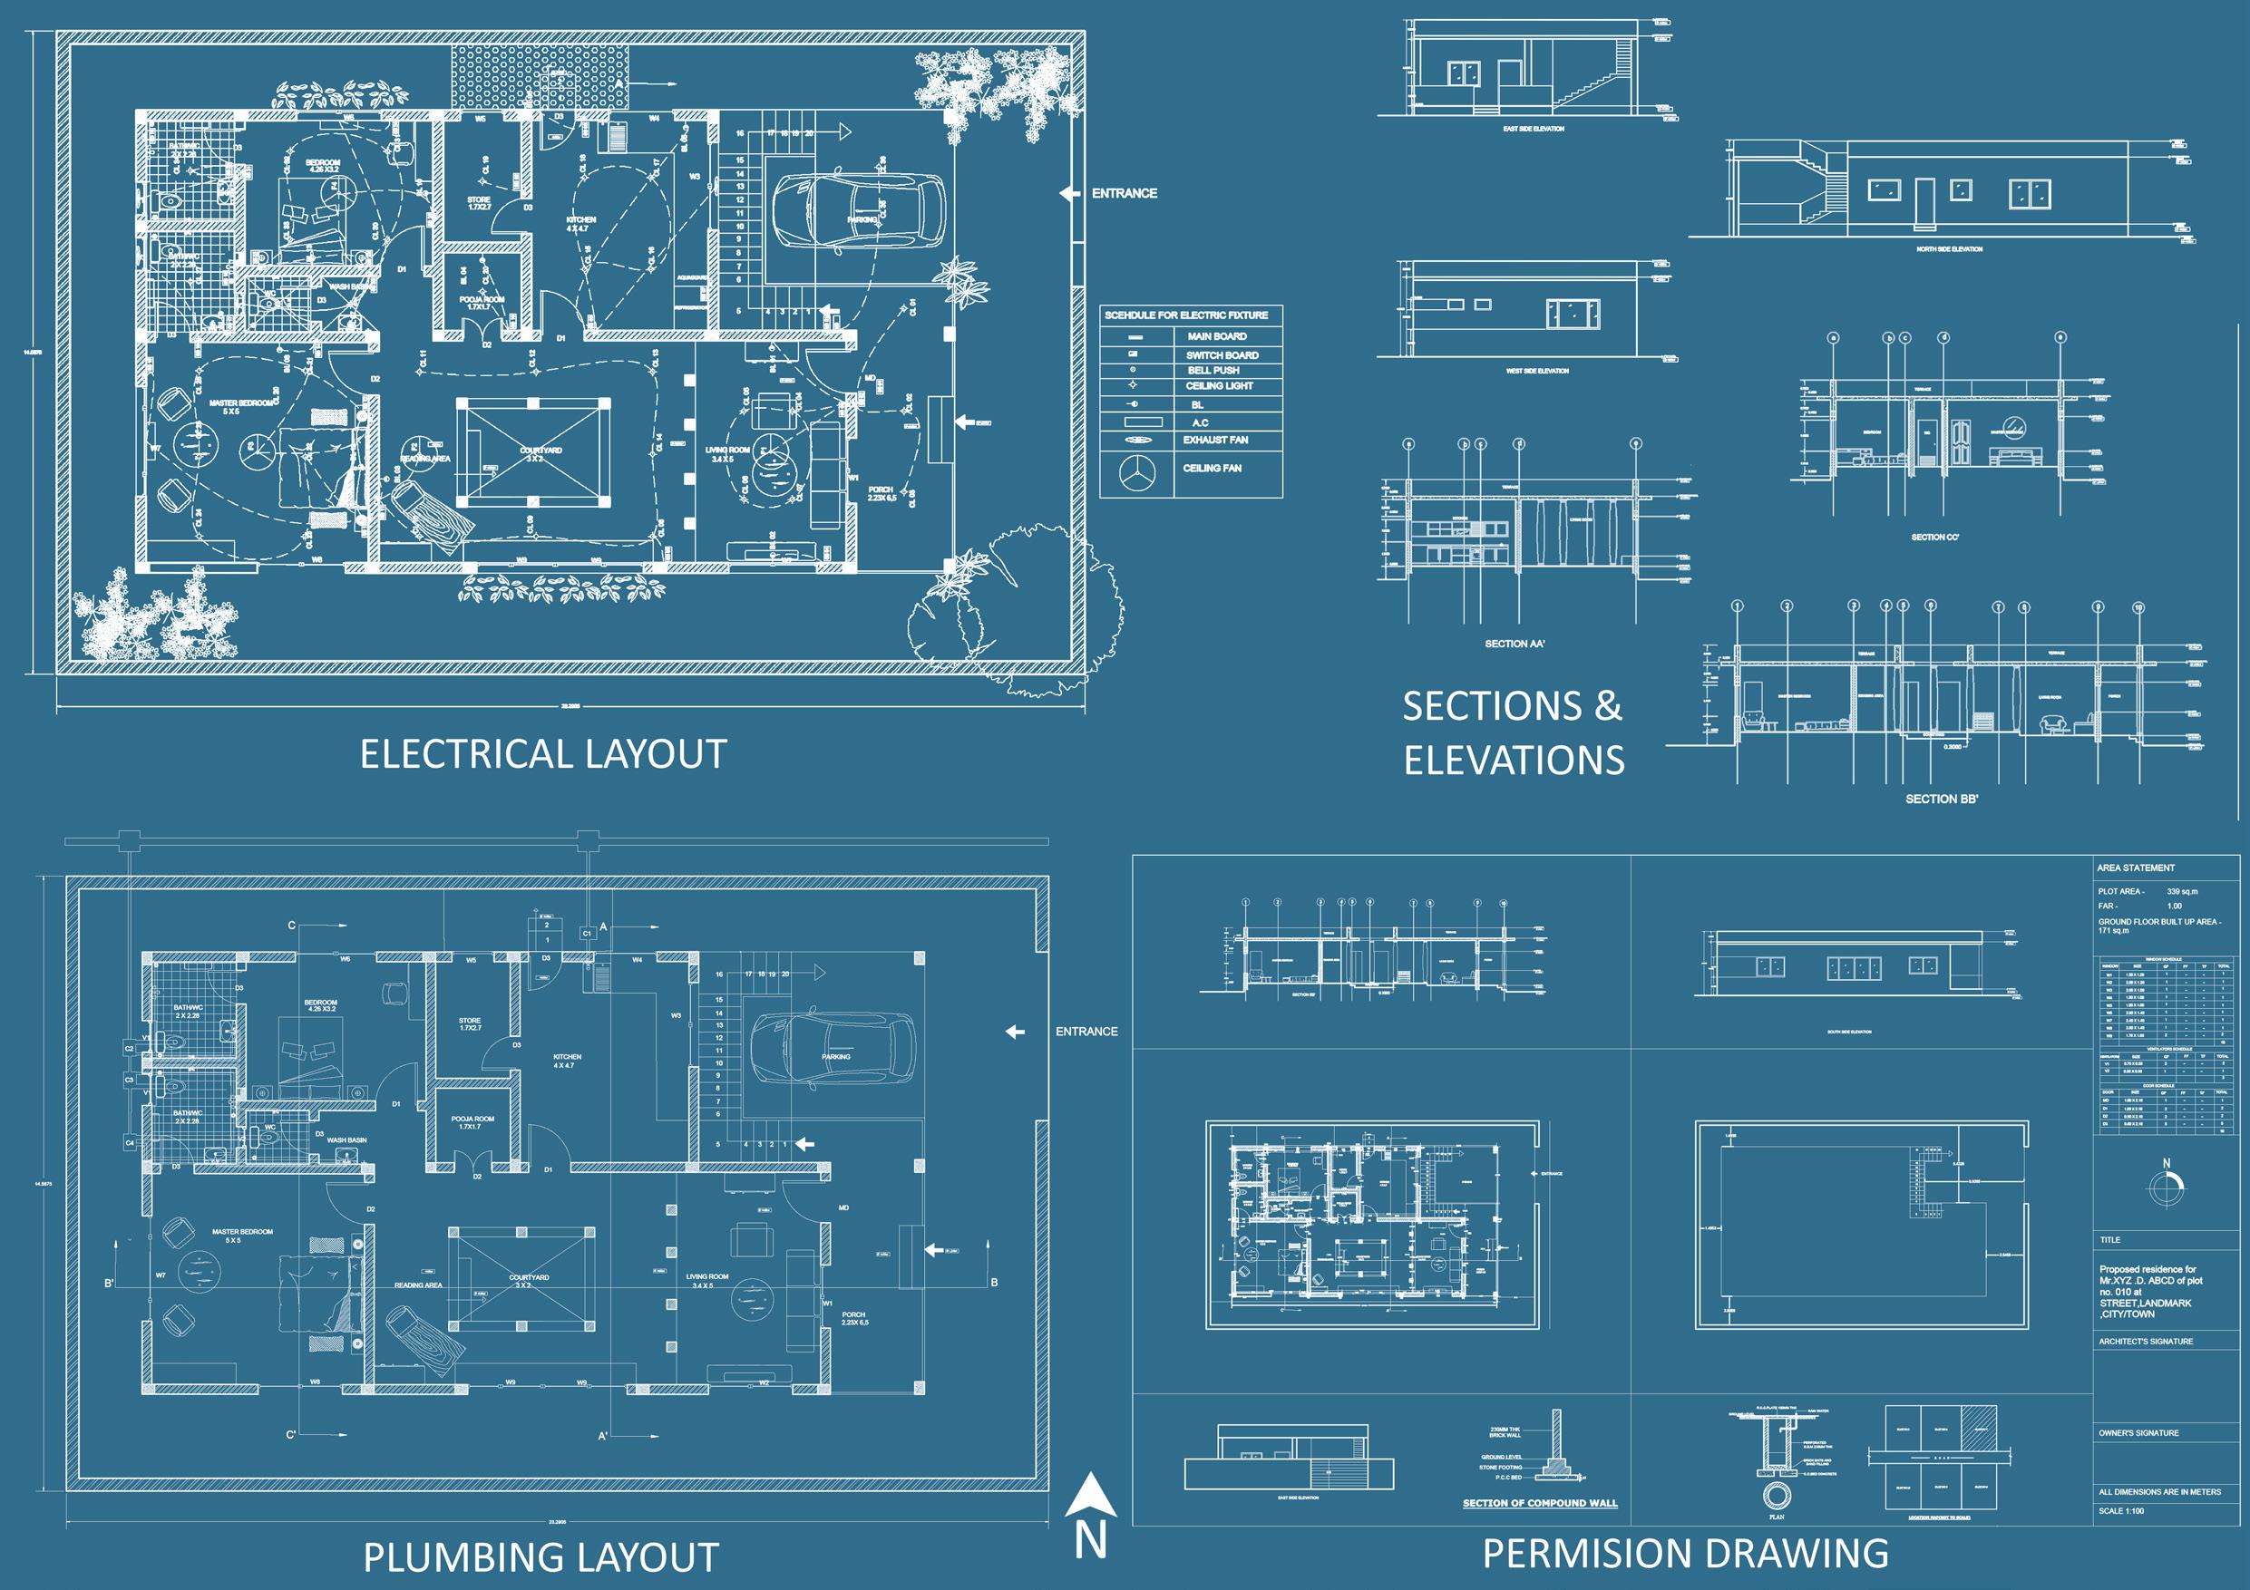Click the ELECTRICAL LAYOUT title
click(x=543, y=754)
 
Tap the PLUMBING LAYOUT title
click(x=541, y=1556)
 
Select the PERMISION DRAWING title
click(x=1685, y=1552)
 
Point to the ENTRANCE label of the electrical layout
click(x=1124, y=194)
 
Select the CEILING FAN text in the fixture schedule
click(x=1213, y=469)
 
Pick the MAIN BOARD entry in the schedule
click(x=1217, y=336)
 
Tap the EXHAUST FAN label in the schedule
click(x=1215, y=440)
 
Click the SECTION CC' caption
click(x=1934, y=538)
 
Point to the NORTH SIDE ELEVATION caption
click(x=1949, y=250)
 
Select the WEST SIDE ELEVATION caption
click(x=1537, y=372)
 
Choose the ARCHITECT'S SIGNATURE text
click(x=2145, y=1341)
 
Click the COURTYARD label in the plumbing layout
click(x=530, y=1278)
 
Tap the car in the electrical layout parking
click(x=859, y=216)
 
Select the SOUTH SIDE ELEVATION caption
click(x=1849, y=1032)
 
